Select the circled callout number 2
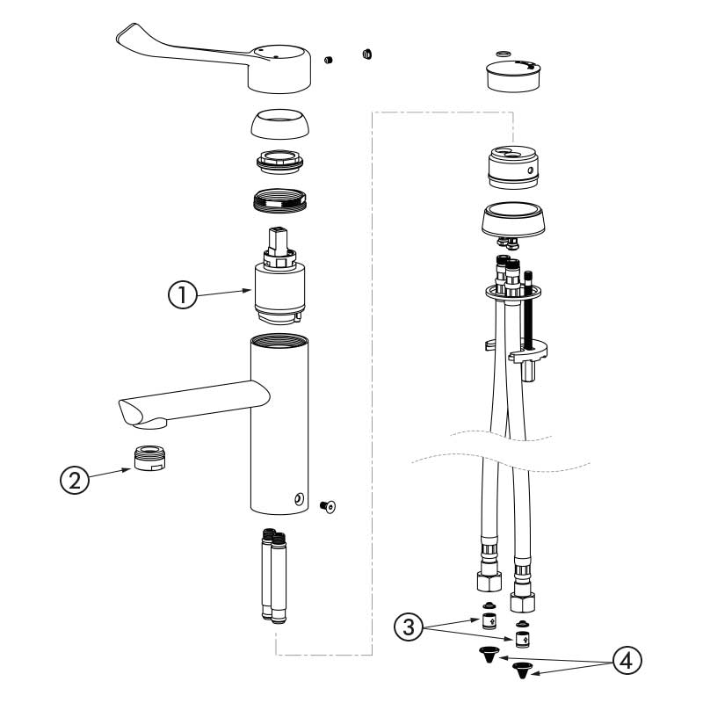73,480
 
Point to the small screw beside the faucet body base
330,505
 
